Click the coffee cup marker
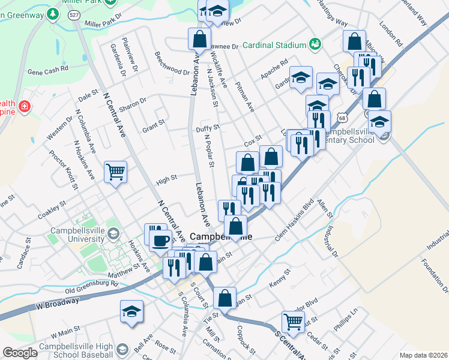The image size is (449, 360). tap(160, 240)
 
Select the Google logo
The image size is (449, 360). tap(20, 353)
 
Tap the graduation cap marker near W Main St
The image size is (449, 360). tap(131, 311)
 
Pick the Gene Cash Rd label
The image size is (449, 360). tap(48, 70)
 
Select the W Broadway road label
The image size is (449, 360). tap(56, 305)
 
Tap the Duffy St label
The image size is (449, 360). tap(208, 128)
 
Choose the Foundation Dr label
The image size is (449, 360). tap(432, 272)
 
